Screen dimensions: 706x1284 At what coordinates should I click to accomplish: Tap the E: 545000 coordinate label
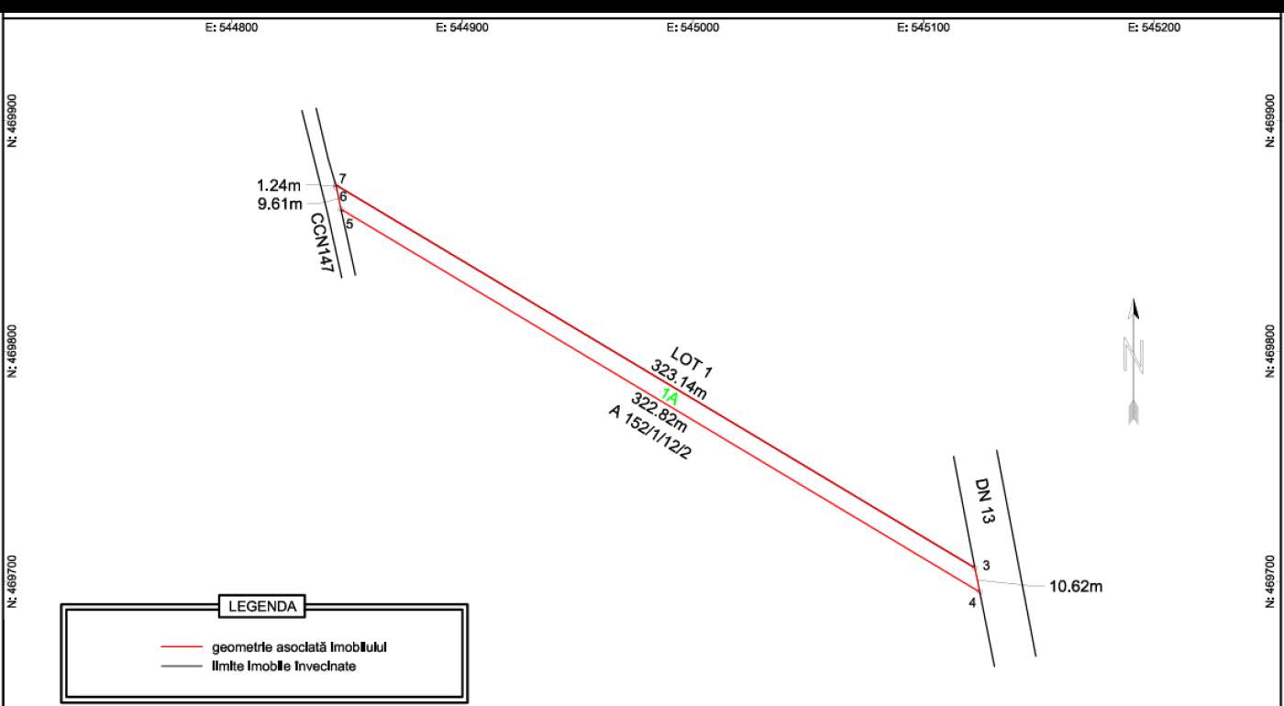pos(693,27)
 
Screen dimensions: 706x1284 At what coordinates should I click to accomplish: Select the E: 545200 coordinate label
pos(1155,27)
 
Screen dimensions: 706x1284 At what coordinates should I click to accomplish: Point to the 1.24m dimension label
pos(279,184)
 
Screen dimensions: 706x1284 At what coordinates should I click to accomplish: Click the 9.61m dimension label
pos(279,204)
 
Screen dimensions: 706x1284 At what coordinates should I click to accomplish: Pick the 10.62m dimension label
pos(1076,586)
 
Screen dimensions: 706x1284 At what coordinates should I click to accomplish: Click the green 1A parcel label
pos(670,398)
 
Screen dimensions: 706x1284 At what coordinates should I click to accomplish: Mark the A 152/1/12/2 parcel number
pos(648,432)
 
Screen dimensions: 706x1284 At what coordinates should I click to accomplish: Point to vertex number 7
pos(342,178)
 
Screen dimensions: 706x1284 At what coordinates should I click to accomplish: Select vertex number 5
pos(349,224)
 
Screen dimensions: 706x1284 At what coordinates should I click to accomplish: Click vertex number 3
pos(985,565)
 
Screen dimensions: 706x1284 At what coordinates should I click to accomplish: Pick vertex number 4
pos(972,602)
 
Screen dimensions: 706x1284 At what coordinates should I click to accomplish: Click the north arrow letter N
pos(1135,354)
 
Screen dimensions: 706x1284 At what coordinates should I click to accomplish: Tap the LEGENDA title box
pos(261,606)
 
